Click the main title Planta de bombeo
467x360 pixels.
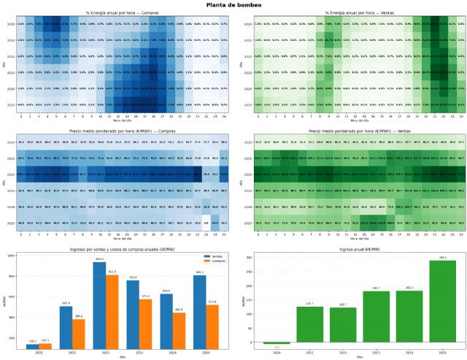[x=233, y=5]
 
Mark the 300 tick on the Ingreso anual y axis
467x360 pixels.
[x=244, y=257]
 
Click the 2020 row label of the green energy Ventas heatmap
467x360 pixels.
[x=242, y=24]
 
